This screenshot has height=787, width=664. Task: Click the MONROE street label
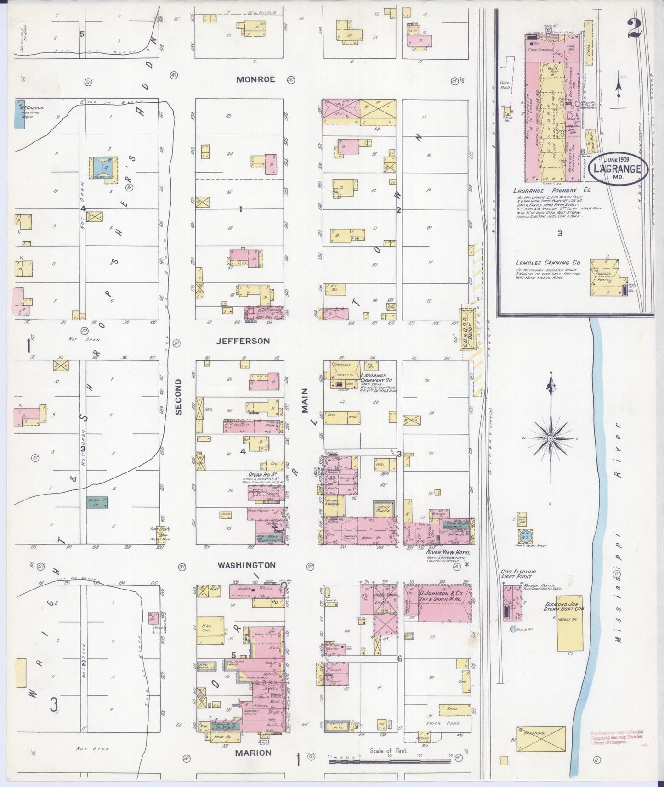point(255,79)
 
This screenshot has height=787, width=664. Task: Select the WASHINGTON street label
point(247,565)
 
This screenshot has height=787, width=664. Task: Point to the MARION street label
point(253,753)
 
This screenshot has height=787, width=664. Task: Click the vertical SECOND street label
point(178,397)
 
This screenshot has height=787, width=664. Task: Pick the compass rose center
point(550,439)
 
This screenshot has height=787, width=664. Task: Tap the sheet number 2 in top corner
point(635,29)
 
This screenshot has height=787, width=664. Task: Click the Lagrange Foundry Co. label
point(552,191)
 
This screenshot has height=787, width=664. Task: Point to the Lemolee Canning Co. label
point(549,263)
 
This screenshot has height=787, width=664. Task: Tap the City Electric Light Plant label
point(518,574)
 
